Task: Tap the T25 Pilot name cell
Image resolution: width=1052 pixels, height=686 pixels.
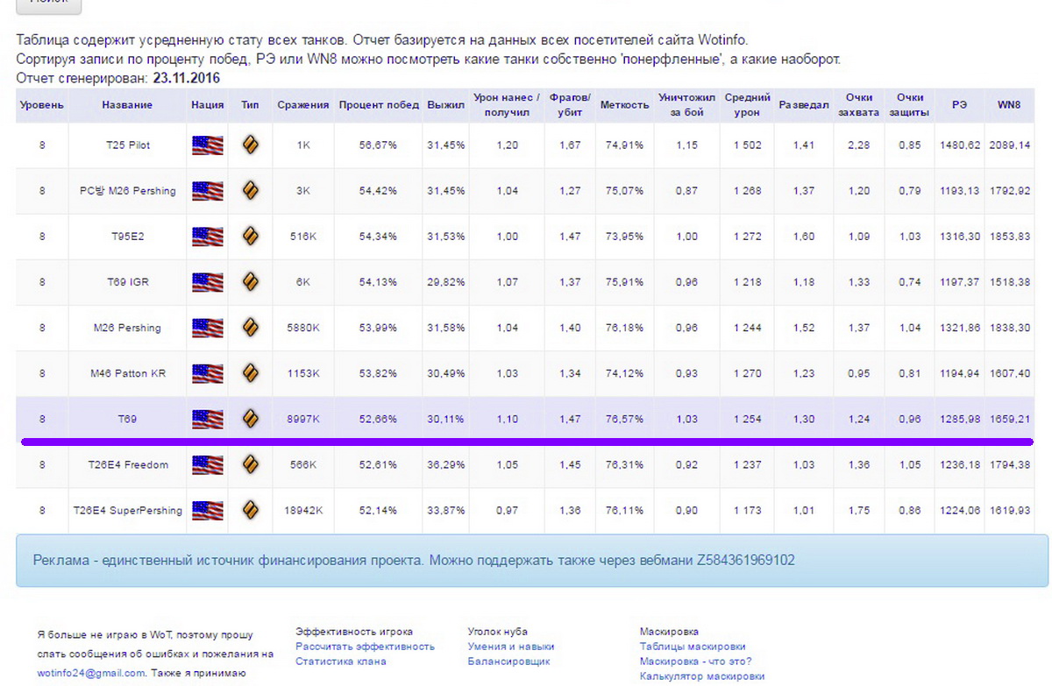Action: (127, 145)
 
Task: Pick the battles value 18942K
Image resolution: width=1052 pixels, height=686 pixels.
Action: (302, 510)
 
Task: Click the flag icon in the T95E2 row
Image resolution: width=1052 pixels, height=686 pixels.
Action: (208, 237)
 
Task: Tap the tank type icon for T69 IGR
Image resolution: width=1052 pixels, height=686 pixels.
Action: (250, 282)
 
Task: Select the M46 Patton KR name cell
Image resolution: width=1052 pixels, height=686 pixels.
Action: (127, 373)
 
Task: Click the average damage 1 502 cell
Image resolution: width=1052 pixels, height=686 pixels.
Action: (748, 145)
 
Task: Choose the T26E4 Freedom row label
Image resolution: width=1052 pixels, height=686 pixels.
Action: (127, 464)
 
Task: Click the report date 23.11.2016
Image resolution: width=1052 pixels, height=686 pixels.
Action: (187, 78)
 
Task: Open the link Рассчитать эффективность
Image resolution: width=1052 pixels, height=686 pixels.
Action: (365, 647)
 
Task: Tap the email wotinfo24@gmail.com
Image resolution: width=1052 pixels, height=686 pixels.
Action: (91, 673)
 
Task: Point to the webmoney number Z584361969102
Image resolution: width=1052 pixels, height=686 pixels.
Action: (745, 560)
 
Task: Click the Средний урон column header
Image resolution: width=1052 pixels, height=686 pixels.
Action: (748, 104)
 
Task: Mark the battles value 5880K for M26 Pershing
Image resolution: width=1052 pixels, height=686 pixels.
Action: (302, 328)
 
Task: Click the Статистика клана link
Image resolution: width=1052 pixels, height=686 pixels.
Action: (340, 661)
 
